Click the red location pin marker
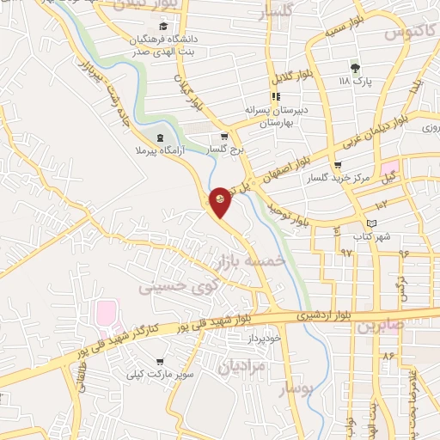(x=221, y=202)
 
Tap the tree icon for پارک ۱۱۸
(x=354, y=66)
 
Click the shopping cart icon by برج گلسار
(x=223, y=135)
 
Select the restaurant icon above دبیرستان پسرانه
(x=275, y=96)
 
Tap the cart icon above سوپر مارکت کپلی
(x=160, y=362)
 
